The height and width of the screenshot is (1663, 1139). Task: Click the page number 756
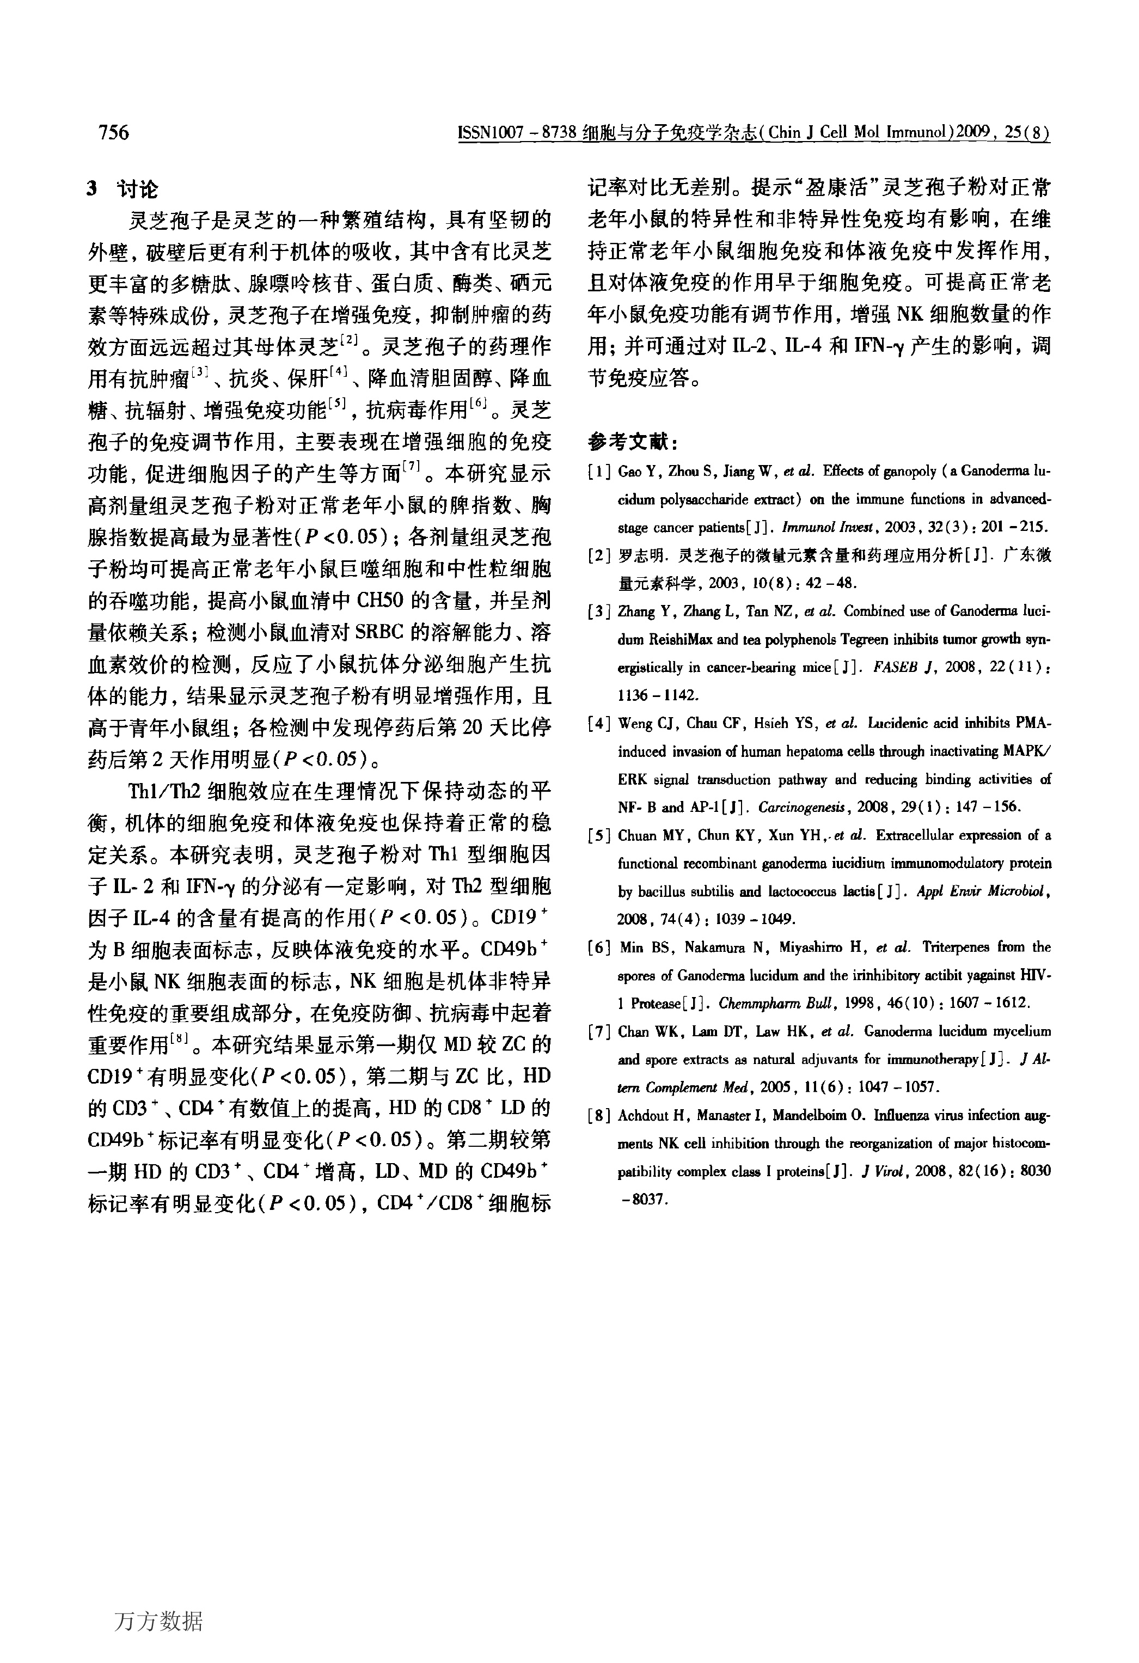pos(114,133)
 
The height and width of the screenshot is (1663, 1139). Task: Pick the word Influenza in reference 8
pos(897,1115)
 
